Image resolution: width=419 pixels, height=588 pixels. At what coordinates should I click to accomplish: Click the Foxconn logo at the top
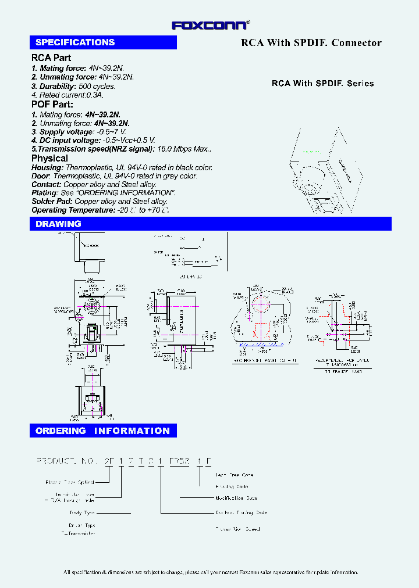point(210,25)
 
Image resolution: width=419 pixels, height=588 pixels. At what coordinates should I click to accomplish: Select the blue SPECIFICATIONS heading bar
point(103,42)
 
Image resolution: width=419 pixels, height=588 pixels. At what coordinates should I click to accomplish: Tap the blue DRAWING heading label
point(58,224)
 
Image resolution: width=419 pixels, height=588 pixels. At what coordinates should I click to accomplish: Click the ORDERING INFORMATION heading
point(103,431)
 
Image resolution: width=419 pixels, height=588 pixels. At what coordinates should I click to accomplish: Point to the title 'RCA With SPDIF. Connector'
point(311,42)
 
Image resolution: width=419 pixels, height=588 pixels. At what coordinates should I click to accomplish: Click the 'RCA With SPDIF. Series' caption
point(323,83)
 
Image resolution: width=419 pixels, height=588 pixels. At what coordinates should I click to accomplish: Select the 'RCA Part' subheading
point(51,58)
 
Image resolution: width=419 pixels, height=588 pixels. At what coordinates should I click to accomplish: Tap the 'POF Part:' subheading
point(52,105)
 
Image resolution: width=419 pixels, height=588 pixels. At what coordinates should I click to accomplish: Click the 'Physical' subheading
point(49,158)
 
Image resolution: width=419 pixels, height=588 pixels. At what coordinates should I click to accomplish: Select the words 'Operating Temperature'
point(73,210)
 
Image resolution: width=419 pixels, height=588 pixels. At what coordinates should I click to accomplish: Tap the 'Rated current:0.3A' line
point(66,95)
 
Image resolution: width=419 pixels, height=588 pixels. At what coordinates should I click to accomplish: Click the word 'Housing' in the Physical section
point(47,167)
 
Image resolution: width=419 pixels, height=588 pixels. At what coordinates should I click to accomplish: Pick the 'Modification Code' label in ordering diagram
point(236,498)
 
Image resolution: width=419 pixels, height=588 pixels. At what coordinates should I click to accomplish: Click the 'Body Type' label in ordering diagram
point(81,513)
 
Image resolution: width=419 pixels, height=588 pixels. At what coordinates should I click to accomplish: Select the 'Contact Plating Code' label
point(241,513)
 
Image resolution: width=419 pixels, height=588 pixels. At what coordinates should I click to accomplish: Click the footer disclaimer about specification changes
point(211,572)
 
